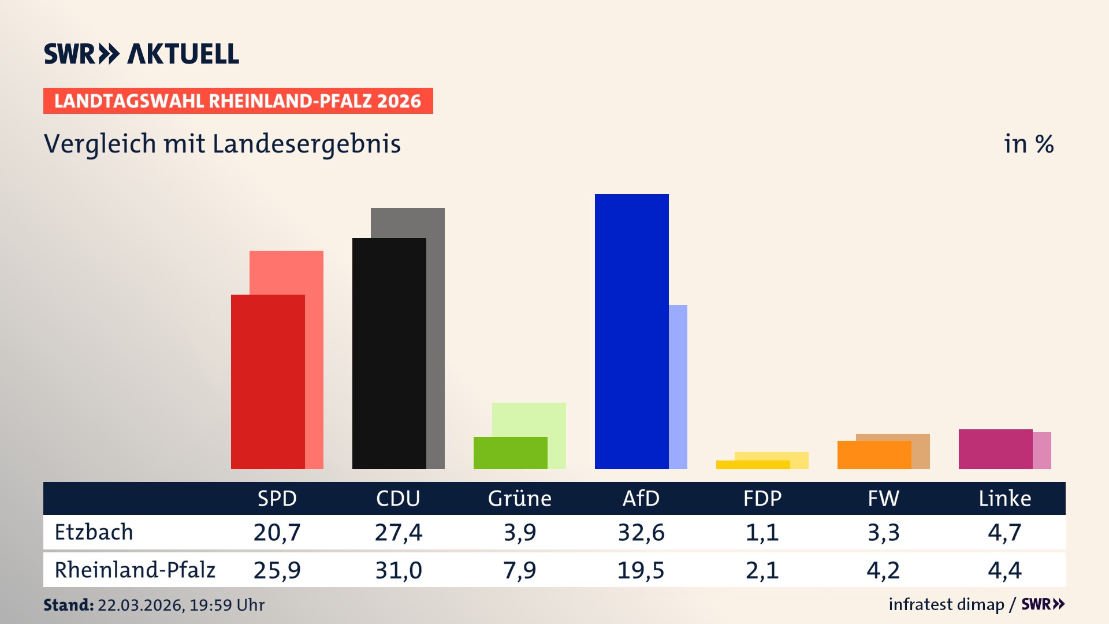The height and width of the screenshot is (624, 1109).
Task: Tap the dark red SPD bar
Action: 267,381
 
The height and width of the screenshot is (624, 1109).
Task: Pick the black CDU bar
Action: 389,353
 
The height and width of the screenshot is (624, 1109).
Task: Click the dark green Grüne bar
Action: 510,452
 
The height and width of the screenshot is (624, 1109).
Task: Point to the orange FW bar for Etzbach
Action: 874,455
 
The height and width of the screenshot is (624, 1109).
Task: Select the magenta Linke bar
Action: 995,449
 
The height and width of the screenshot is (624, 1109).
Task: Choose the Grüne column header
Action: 519,498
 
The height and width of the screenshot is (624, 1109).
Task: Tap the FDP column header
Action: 762,498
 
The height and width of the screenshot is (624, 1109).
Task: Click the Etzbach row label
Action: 94,532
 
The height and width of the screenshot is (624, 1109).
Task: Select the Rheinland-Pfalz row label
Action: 135,570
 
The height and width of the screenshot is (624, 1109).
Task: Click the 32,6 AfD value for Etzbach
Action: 641,532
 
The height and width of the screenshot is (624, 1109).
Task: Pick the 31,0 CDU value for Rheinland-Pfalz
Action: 398,570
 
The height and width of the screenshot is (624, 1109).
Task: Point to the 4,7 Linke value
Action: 1004,532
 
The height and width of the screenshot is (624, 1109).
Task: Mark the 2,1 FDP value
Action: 762,570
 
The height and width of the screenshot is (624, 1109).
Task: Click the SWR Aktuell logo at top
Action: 141,54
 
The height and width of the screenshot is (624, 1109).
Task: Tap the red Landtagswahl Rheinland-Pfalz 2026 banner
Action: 237,101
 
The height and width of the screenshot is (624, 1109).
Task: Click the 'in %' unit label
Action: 1028,144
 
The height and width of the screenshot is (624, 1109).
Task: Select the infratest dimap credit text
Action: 946,604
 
